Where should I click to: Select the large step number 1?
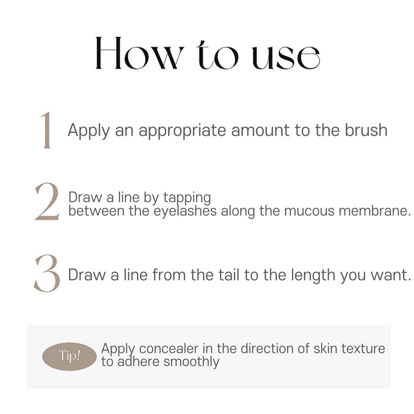click(46, 130)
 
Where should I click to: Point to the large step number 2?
click(47, 201)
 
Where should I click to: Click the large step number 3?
click(47, 273)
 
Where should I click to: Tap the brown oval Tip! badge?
click(70, 356)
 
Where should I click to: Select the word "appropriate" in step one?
click(182, 131)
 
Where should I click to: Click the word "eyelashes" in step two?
click(185, 211)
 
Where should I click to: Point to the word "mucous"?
click(309, 211)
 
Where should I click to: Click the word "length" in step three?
click(313, 276)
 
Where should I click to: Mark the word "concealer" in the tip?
click(169, 349)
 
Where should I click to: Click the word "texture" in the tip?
click(363, 349)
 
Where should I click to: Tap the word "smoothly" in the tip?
click(191, 362)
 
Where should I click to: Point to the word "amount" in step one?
click(260, 131)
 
